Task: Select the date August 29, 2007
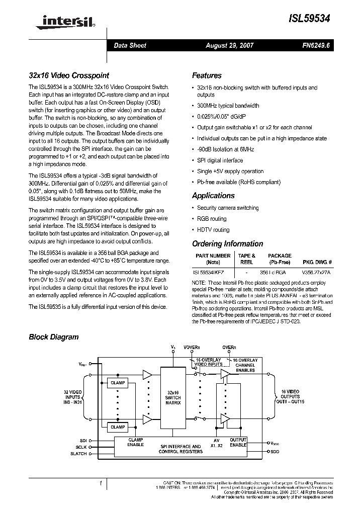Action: pos(230,46)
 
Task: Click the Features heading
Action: pos(207,76)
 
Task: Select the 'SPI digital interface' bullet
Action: pos(220,160)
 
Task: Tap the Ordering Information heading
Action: pos(227,244)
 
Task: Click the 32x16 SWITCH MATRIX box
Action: pos(173,397)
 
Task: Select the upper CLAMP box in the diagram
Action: pos(118,383)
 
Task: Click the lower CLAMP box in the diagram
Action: pos(118,427)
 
